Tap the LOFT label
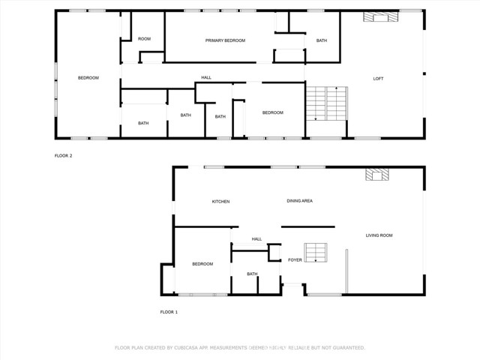point(379,78)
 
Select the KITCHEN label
point(220,202)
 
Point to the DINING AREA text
point(299,201)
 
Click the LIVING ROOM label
point(379,235)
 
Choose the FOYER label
point(295,260)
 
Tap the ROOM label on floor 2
point(144,39)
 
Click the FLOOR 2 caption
point(64,155)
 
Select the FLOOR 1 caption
point(169,311)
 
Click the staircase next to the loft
point(326,103)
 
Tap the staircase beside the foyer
point(316,252)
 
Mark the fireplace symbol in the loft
point(374,16)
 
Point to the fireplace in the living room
point(376,174)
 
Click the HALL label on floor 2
point(205,77)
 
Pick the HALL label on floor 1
point(256,239)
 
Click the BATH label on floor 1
point(252,274)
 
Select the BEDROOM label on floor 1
point(202,264)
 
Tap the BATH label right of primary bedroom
point(321,40)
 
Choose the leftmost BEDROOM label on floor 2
point(88,78)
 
